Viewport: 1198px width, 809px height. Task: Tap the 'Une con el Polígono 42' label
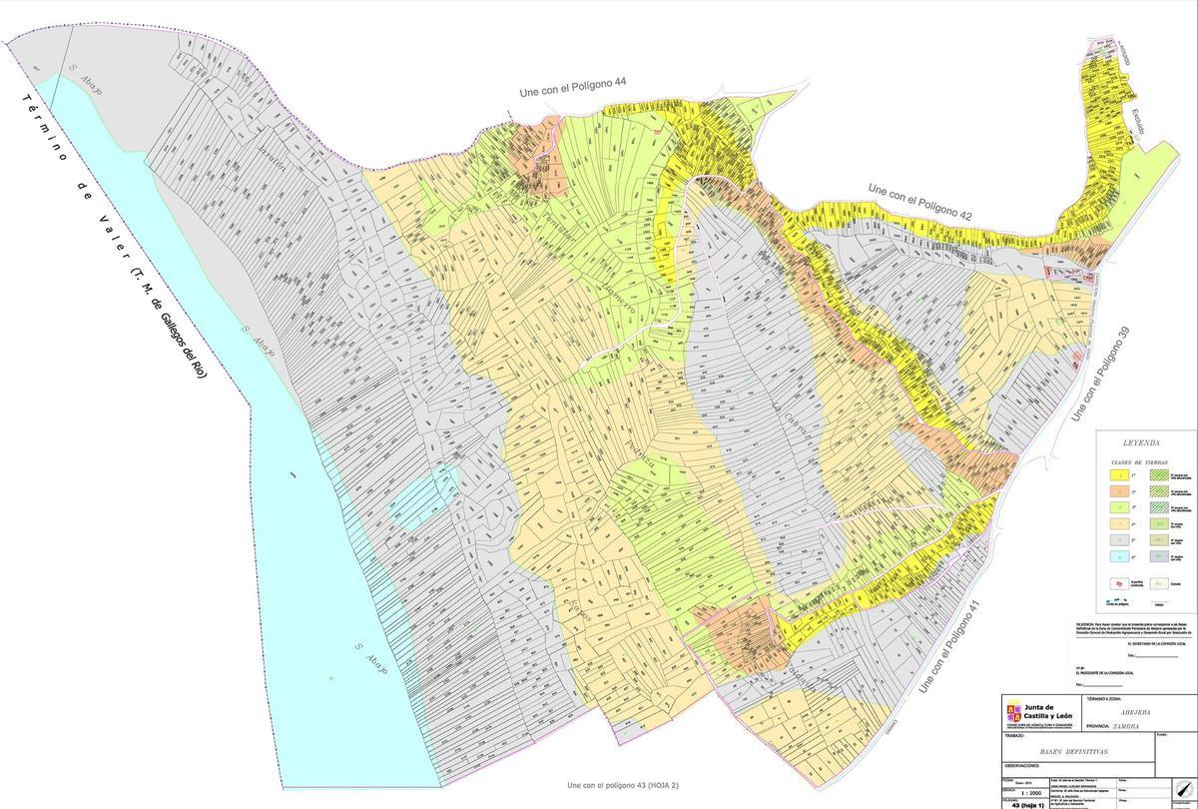(919, 201)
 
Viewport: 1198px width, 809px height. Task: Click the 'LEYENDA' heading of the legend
(1141, 442)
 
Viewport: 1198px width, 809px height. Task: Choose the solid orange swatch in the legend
(1123, 492)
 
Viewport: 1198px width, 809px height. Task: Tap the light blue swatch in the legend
(1123, 557)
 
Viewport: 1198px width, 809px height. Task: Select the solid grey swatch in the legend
(1123, 541)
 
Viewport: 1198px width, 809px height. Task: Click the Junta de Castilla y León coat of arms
(1013, 711)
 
